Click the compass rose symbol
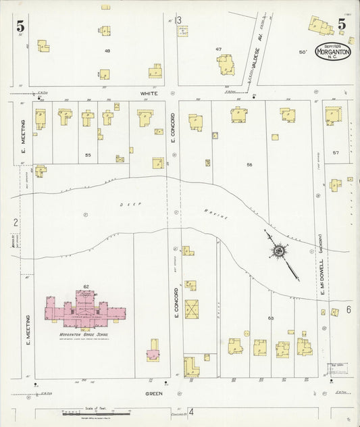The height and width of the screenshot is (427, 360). click(278, 251)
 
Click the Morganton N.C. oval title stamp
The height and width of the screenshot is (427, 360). click(332, 52)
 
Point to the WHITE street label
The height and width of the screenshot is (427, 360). click(149, 94)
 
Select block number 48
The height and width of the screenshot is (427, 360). click(107, 51)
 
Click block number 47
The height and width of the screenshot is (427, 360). click(218, 49)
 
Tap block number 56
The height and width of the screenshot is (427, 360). click(249, 165)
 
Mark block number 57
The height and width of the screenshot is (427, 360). click(336, 153)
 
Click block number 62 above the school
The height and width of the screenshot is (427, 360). click(86, 287)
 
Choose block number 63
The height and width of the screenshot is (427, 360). click(271, 317)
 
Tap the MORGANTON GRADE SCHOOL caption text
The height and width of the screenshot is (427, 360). click(86, 332)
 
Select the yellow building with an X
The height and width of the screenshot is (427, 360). click(192, 309)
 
